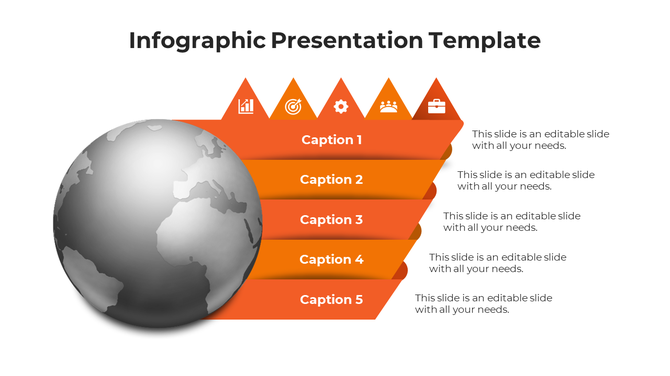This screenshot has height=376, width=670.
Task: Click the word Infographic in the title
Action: point(197,40)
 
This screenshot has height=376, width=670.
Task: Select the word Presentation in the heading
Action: point(348,40)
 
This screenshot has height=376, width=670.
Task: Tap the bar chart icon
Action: point(246,106)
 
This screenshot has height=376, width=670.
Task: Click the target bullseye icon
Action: point(293,106)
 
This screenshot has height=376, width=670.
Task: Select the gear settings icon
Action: point(341,106)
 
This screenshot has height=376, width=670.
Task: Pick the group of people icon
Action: point(388,106)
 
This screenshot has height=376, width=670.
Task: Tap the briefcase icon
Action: point(436,105)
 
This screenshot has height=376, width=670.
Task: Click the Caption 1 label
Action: point(332,140)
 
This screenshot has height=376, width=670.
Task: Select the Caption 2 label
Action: point(332,180)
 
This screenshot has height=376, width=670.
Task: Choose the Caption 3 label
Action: point(332,220)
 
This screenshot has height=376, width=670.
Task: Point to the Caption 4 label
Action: point(332,260)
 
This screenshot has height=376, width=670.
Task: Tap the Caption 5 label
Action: point(332,300)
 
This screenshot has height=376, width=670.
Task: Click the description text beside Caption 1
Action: point(540,140)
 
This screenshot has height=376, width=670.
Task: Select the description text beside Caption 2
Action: point(526,180)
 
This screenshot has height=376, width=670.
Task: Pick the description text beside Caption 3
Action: point(512,221)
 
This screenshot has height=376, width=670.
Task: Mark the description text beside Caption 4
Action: point(498,262)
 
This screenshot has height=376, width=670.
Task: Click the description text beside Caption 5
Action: point(484,303)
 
